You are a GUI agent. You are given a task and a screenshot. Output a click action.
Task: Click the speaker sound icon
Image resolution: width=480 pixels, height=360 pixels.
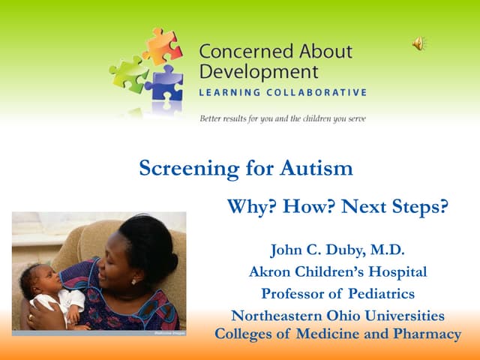418,44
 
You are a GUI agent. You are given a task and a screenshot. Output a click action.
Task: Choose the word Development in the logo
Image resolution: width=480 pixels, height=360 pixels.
258,73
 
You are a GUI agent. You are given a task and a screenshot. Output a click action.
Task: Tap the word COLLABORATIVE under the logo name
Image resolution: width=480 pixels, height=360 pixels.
319,93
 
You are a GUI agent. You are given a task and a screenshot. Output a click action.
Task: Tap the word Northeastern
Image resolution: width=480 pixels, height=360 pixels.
273,315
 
